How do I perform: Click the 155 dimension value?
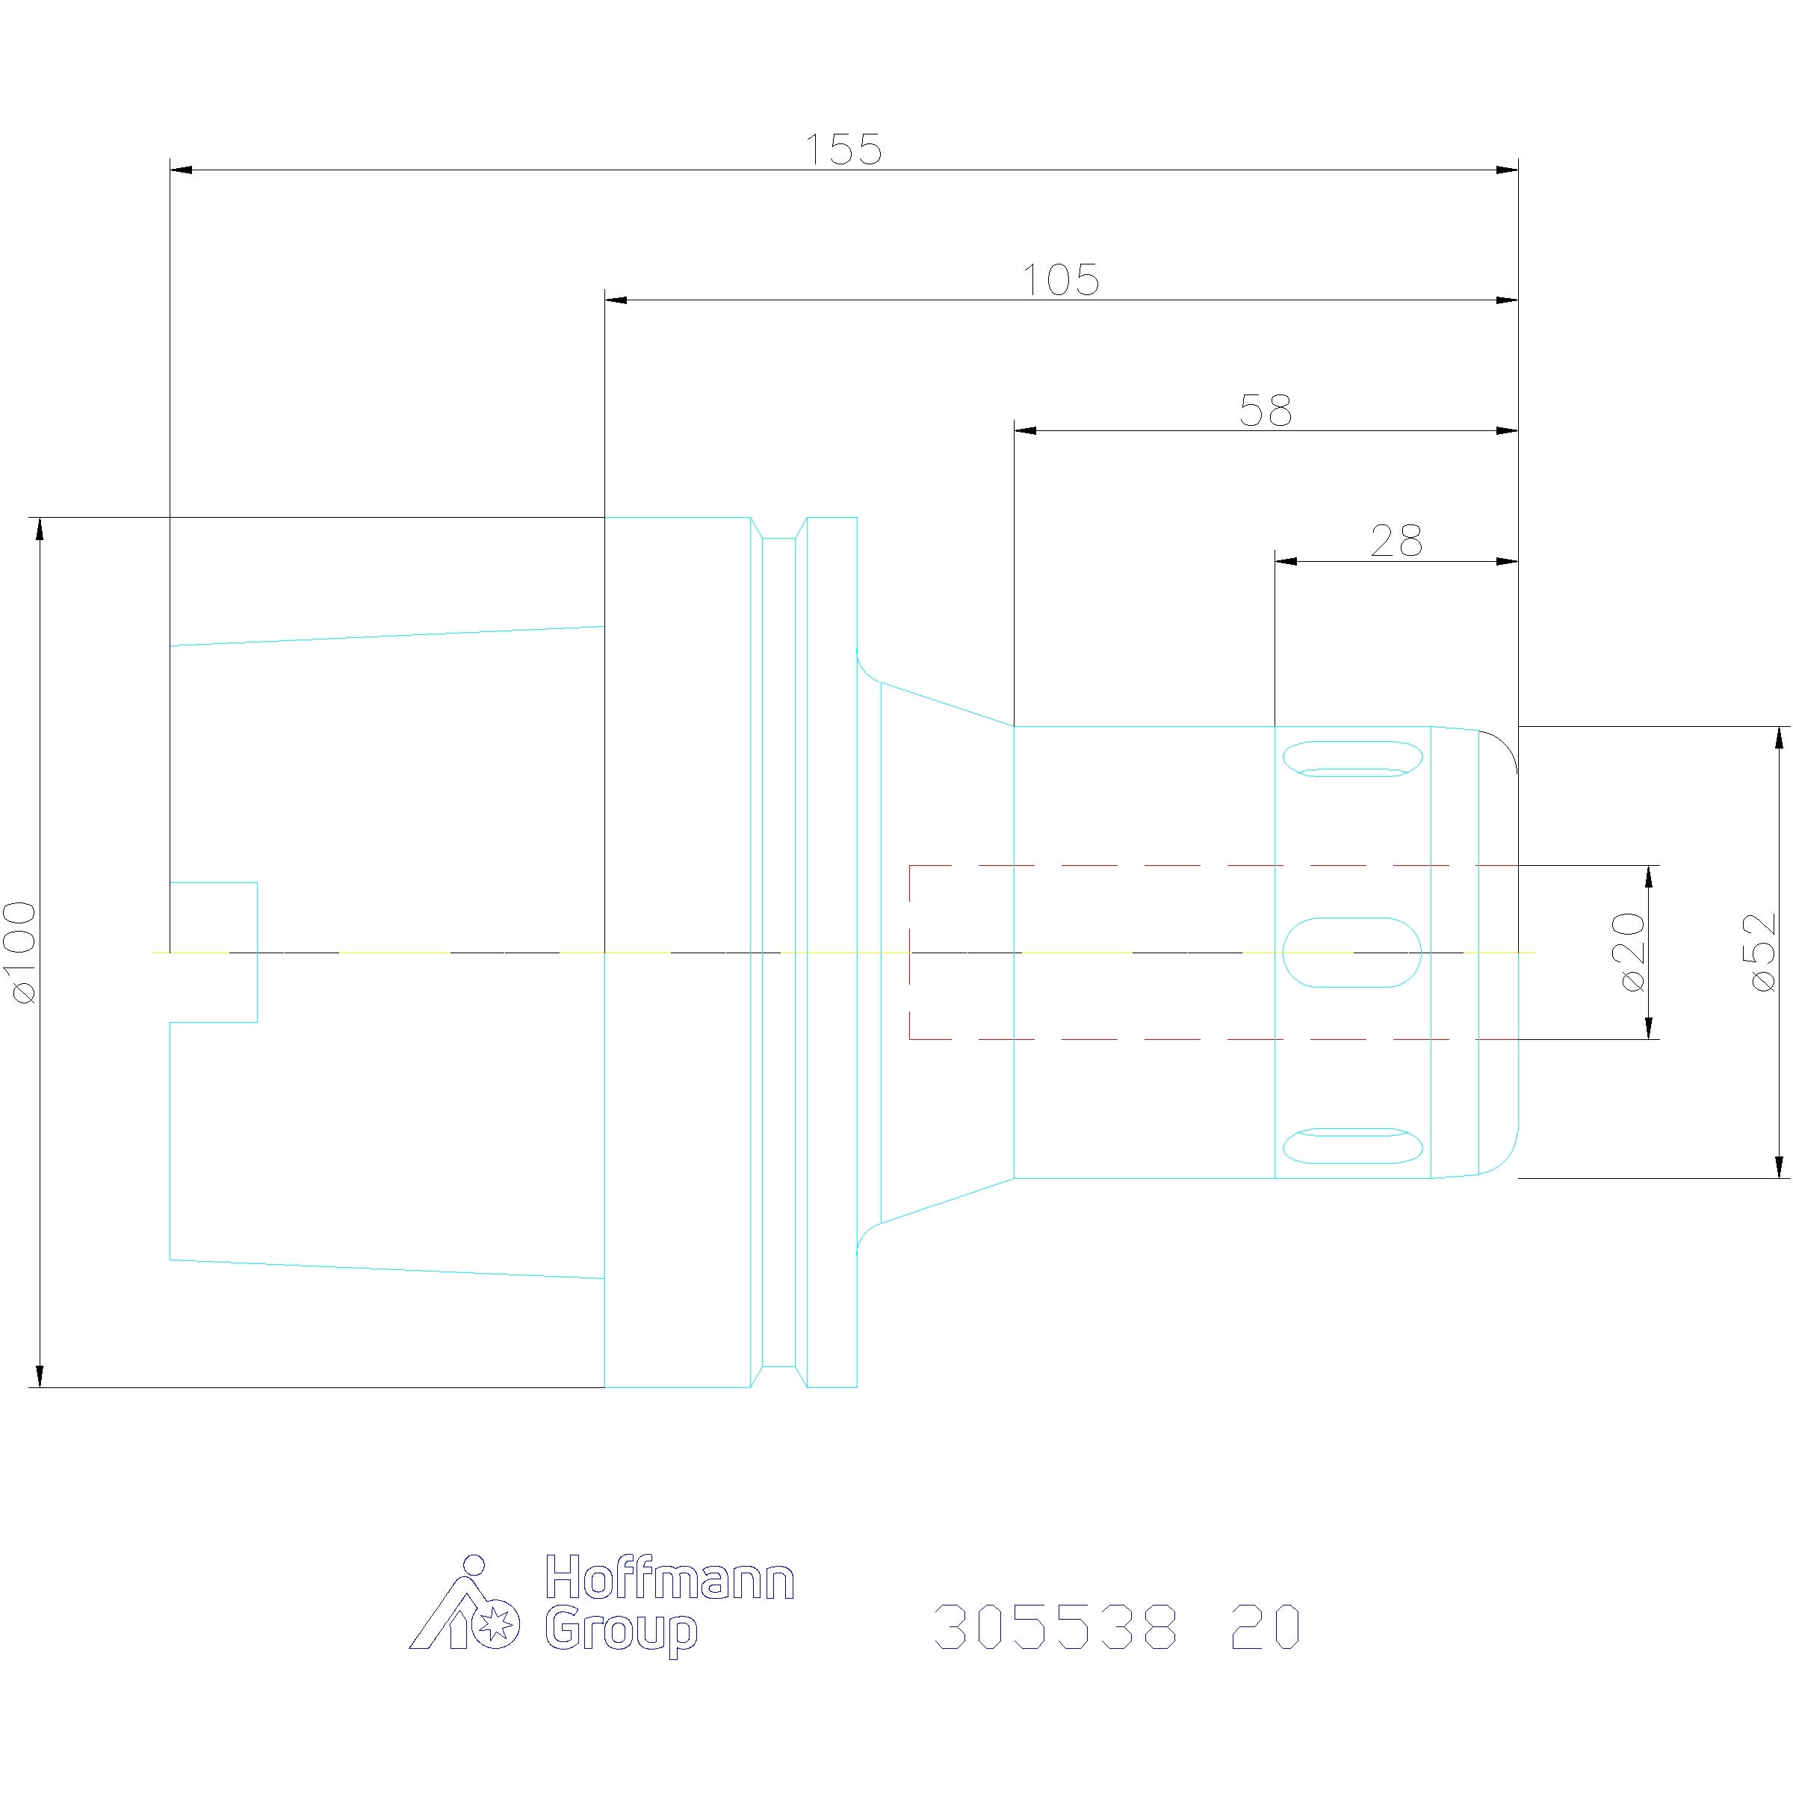point(843,150)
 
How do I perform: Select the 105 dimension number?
point(1060,280)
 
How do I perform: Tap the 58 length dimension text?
point(1266,410)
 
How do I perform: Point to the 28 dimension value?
point(1396,541)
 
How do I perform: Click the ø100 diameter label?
point(20,953)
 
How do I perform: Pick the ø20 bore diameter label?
point(1631,953)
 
